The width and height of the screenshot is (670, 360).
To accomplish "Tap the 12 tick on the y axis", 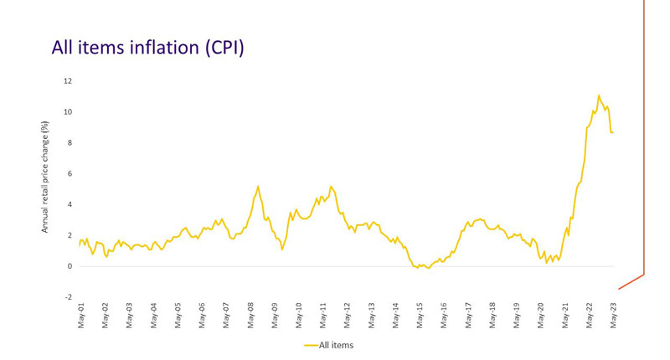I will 67,81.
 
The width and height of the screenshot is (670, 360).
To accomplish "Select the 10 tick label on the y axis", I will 67,112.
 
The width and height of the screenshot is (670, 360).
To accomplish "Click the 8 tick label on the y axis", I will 69,143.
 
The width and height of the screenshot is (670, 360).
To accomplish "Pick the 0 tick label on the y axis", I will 69,266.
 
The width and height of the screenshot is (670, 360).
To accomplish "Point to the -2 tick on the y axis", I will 67,297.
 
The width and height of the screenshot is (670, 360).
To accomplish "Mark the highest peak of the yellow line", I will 599,95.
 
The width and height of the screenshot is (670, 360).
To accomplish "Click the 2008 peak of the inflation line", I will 258,186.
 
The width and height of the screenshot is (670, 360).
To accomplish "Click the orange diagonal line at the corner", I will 631,281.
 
